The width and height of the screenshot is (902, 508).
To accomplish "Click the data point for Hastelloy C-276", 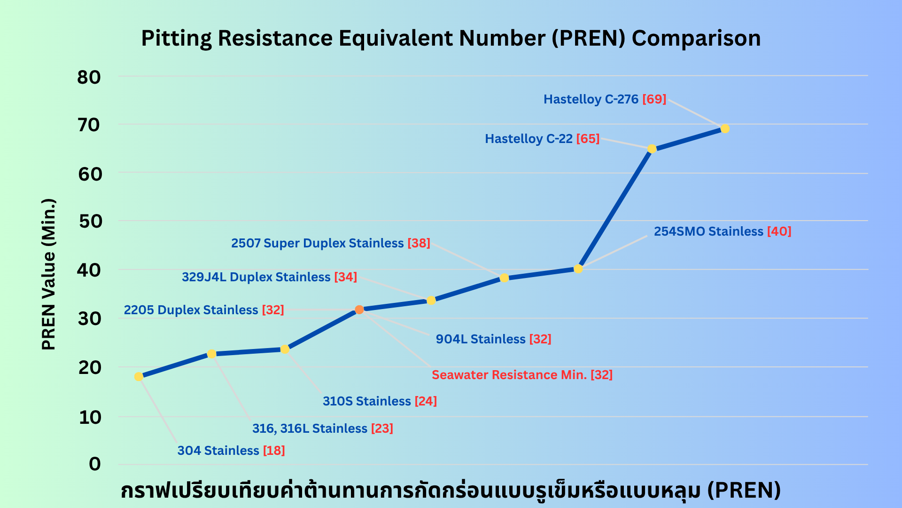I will (725, 128).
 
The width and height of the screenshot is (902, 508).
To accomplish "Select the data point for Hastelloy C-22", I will (652, 149).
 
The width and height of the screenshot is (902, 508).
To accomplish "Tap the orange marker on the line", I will (359, 310).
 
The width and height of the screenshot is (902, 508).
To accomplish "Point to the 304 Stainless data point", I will (139, 376).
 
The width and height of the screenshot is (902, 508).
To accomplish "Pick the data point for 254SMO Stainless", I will (578, 269).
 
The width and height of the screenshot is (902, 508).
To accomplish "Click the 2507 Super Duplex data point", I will (504, 278).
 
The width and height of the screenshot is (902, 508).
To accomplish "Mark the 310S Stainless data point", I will (285, 349).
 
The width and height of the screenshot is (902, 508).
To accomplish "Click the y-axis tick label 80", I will (89, 77).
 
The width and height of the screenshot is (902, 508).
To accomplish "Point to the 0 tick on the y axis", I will (95, 464).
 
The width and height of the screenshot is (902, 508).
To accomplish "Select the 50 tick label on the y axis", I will (90, 221).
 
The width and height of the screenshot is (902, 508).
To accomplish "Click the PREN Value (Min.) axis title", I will (49, 274).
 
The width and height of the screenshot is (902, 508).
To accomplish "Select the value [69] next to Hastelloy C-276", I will (654, 99).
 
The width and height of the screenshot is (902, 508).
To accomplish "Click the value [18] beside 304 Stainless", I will (274, 451).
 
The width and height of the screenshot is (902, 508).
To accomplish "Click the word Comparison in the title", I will (696, 39).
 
